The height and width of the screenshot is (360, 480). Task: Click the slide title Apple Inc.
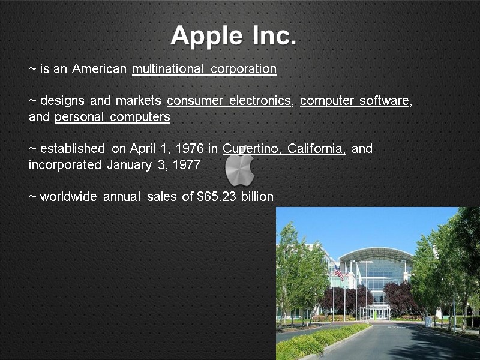pyautogui.click(x=233, y=36)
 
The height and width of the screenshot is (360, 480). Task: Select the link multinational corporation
pyautogui.click(x=204, y=69)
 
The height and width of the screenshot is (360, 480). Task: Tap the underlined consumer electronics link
pyautogui.click(x=229, y=101)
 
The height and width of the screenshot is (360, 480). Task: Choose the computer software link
pyautogui.click(x=355, y=101)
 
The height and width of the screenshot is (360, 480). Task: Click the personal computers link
pyautogui.click(x=112, y=117)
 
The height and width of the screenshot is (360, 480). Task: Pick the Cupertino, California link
pyautogui.click(x=284, y=149)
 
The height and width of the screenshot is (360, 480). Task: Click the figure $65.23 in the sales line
pyautogui.click(x=217, y=197)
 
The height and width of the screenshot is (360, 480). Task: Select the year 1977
pyautogui.click(x=186, y=165)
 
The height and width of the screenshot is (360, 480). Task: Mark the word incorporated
pyautogui.click(x=65, y=165)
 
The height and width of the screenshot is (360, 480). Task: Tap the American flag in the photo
pyautogui.click(x=339, y=273)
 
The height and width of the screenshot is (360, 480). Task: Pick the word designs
pyautogui.click(x=63, y=101)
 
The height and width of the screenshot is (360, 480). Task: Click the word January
pyautogui.click(x=129, y=165)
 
